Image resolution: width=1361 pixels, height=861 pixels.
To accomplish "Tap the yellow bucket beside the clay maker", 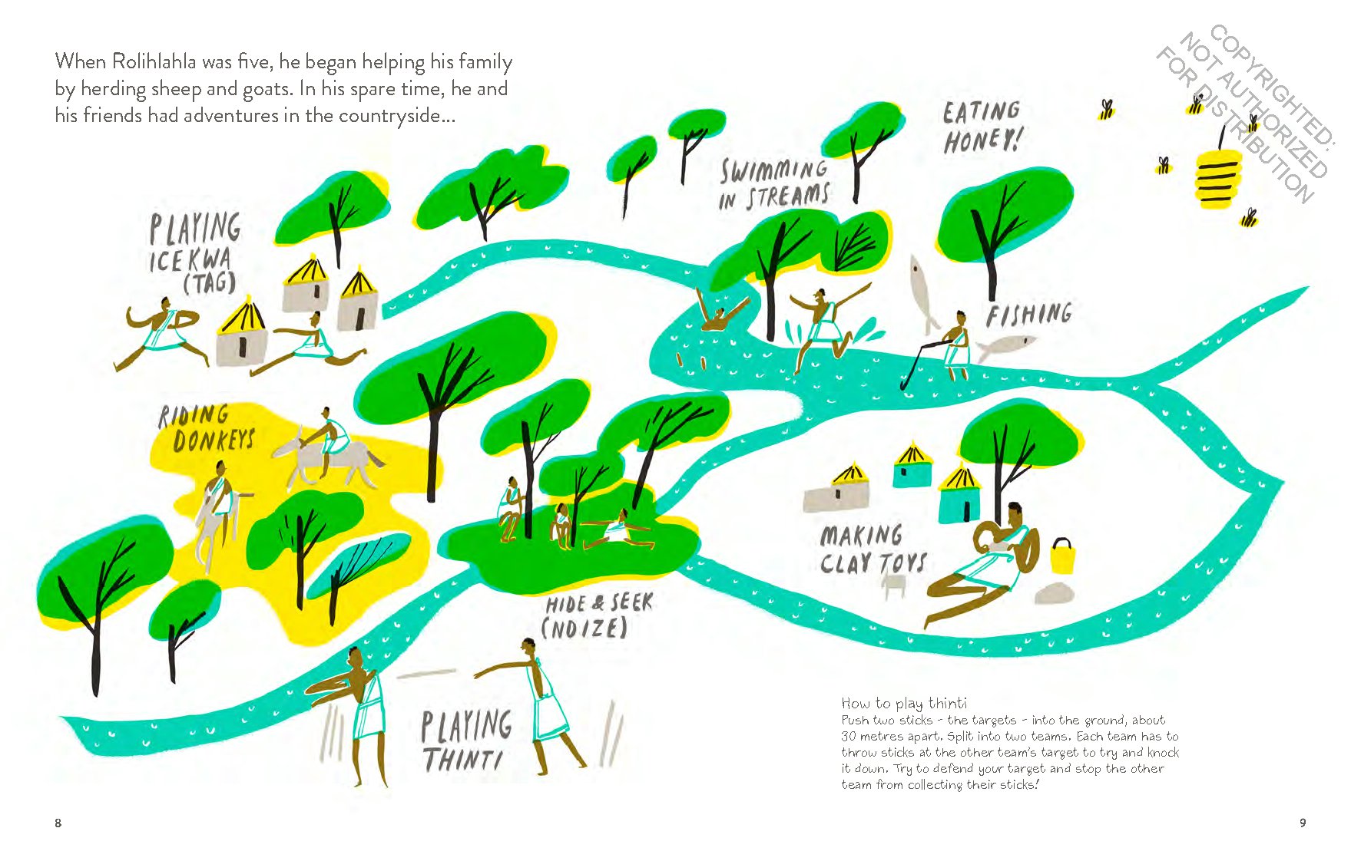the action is (1061, 557).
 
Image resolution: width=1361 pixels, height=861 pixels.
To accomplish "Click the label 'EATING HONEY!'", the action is (982, 127).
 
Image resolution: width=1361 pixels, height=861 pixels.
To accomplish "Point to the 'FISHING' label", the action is (1029, 315).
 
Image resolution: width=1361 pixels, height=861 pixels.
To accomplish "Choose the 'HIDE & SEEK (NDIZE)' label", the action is (598, 615).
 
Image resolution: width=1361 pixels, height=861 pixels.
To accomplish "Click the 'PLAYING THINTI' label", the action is (466, 740).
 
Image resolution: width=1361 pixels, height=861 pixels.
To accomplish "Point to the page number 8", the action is (58, 823).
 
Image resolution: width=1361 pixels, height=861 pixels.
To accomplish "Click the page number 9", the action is (1303, 823).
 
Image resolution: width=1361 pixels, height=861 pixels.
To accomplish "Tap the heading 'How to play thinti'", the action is (904, 703).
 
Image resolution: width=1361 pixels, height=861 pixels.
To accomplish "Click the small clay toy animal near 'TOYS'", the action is (894, 586).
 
